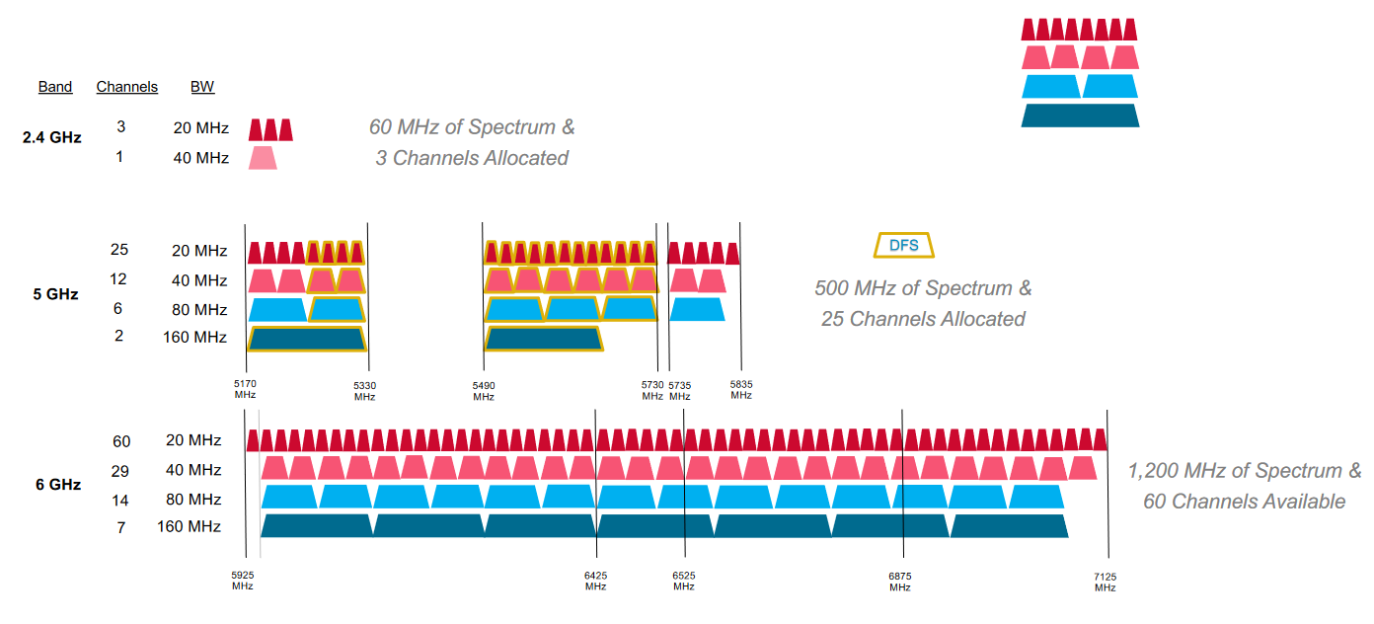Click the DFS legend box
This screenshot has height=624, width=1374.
tap(903, 246)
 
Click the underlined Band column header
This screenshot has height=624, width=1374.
tap(55, 87)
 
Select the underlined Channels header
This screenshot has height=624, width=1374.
tap(127, 87)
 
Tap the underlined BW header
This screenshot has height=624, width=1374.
tap(202, 87)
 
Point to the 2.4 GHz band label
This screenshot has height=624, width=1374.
tap(52, 137)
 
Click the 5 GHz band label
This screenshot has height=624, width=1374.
tap(56, 294)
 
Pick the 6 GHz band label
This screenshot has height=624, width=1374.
tap(58, 485)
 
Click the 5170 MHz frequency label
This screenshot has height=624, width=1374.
tap(245, 389)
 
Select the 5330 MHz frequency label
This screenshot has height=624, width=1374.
tap(364, 391)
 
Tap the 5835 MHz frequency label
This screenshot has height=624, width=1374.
tap(741, 390)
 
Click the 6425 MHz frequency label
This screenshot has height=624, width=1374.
tap(595, 581)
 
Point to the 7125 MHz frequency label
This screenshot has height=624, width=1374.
tap(1105, 583)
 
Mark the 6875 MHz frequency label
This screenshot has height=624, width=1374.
tap(900, 582)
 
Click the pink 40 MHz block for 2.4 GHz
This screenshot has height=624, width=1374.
tap(263, 158)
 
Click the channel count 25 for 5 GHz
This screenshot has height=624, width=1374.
tap(119, 250)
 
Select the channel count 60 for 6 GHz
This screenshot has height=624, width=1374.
tap(121, 441)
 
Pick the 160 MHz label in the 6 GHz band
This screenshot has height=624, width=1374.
tap(189, 526)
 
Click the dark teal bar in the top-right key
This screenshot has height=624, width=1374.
tap(1080, 116)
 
